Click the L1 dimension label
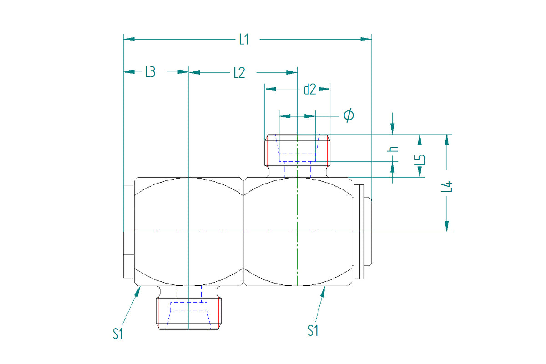pos(244,40)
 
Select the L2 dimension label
pos(239,73)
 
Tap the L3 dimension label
pos(151,72)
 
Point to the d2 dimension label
pos(310,89)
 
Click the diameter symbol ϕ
pos(349,115)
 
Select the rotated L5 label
pos(420,159)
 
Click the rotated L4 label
pos(446,187)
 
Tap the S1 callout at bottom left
pos(118,334)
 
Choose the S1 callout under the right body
pos(313,330)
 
